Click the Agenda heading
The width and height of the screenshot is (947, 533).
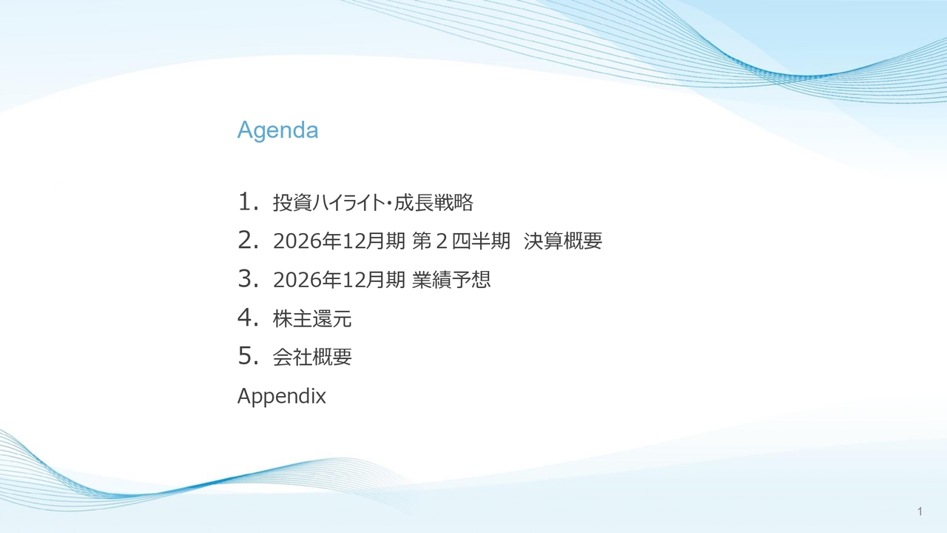click(x=277, y=131)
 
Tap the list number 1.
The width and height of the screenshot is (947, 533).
click(x=248, y=201)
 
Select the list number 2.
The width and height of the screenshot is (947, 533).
click(x=248, y=240)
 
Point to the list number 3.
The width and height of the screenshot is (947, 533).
click(x=248, y=278)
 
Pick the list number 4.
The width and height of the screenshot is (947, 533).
click(x=248, y=318)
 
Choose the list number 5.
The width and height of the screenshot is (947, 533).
click(x=248, y=356)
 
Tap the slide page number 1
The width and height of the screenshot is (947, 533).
click(x=920, y=512)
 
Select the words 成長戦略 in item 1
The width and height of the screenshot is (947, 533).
click(x=434, y=202)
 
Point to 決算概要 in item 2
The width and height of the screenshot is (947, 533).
click(x=563, y=241)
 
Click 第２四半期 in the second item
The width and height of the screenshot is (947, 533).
click(x=461, y=241)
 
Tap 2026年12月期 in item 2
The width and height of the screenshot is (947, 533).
click(x=339, y=241)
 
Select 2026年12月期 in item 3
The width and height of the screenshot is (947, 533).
click(x=339, y=280)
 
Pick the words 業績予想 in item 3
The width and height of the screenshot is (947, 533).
click(x=451, y=280)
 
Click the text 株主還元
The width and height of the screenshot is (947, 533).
click(x=312, y=318)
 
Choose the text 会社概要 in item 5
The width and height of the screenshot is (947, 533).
click(x=312, y=357)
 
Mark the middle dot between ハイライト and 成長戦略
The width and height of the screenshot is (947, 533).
click(x=389, y=203)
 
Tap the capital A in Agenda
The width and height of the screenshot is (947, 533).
click(x=246, y=130)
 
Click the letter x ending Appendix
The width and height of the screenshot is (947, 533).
click(x=321, y=398)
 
